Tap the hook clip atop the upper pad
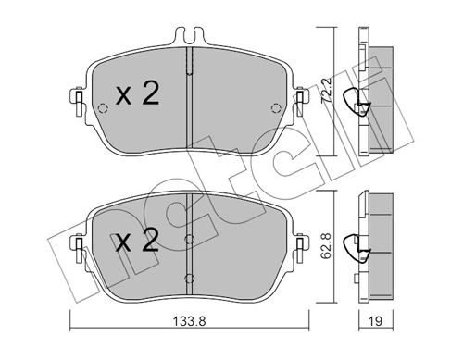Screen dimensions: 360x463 coord(189,38)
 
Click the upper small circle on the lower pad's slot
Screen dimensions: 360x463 coord(189,239)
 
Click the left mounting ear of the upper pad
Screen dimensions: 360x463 coord(75,96)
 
